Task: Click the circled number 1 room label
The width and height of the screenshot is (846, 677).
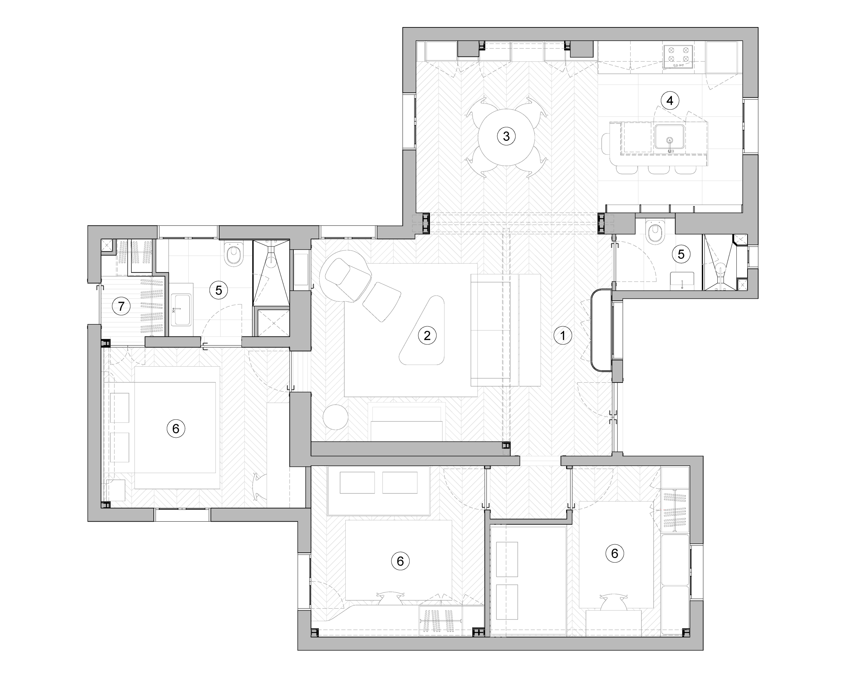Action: click(x=563, y=336)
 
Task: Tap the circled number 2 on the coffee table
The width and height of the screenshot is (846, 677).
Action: click(x=427, y=336)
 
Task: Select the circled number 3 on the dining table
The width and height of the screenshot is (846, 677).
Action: click(x=506, y=137)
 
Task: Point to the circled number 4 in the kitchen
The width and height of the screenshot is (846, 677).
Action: click(x=670, y=101)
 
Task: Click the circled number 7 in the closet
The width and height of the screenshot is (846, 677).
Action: click(x=121, y=306)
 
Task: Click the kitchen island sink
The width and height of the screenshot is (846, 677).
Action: click(x=670, y=137)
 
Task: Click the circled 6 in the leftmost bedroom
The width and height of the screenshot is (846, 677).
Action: click(x=176, y=428)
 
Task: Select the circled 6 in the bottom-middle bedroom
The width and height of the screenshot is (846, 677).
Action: click(x=400, y=561)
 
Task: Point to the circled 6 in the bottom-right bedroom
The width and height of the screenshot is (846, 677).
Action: click(x=614, y=553)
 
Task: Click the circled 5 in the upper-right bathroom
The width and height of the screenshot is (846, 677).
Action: click(x=681, y=254)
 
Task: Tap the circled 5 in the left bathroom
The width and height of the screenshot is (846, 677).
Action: click(x=218, y=291)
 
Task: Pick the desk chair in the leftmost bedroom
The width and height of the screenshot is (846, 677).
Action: click(x=260, y=487)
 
